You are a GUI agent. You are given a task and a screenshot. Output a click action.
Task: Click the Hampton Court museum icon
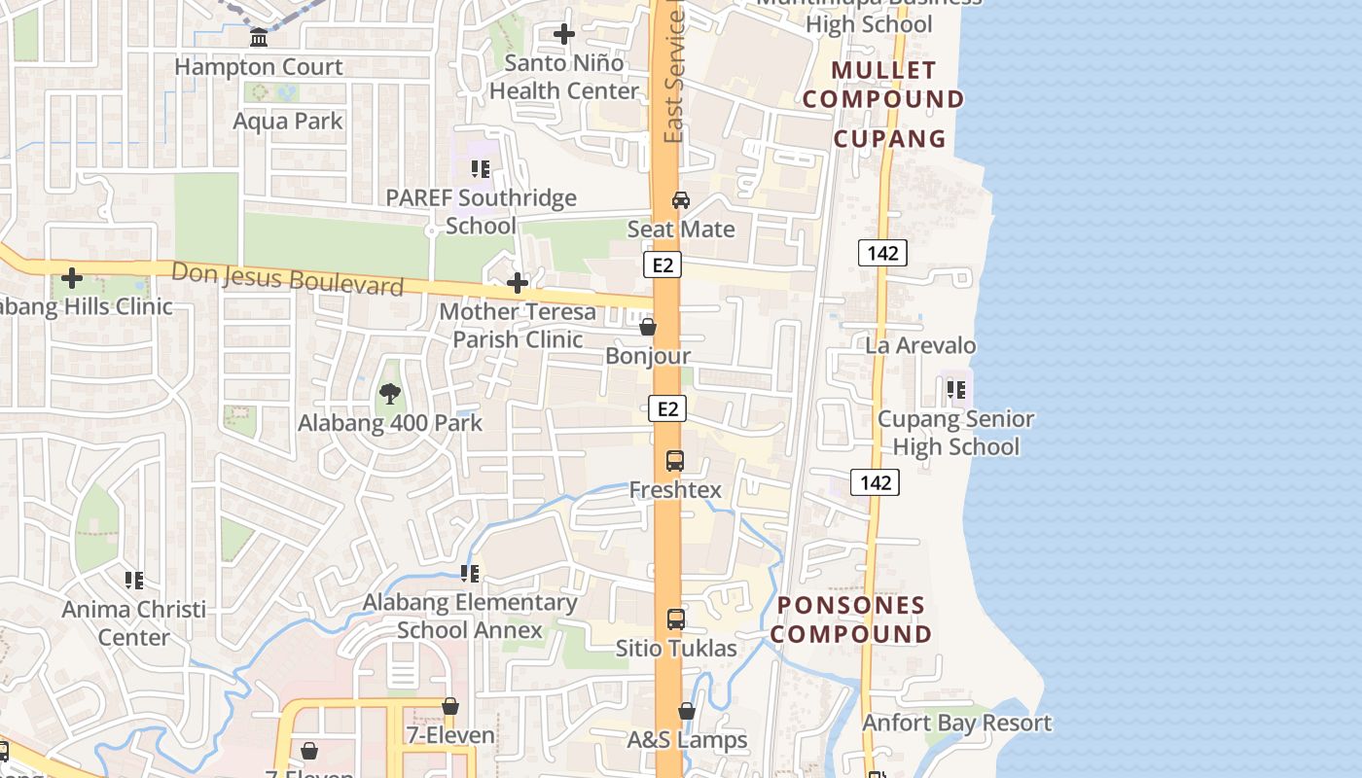[x=259, y=38]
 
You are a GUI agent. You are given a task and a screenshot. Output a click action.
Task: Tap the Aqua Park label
[x=288, y=121]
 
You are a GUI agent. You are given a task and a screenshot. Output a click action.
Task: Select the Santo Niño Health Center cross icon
[x=563, y=34]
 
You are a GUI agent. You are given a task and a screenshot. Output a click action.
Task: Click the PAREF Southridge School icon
[x=480, y=169]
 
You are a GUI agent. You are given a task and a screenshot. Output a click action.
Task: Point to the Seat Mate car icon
[x=681, y=200]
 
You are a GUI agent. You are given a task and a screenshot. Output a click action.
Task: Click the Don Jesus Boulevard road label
[x=287, y=278]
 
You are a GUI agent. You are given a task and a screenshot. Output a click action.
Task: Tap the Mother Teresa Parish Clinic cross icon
[x=518, y=283]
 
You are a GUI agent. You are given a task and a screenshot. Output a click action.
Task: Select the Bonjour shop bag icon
[x=648, y=327]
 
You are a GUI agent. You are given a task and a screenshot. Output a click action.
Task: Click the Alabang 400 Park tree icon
[x=389, y=394]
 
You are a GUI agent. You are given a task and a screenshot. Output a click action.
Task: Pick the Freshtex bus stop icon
[x=675, y=460]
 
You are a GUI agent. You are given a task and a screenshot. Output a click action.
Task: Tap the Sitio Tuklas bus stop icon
[x=675, y=619]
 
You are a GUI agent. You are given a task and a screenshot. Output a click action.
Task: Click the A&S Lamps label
[x=687, y=740]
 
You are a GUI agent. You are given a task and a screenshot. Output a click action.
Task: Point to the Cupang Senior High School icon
[x=956, y=390]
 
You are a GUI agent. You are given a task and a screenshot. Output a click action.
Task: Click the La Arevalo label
[x=920, y=345]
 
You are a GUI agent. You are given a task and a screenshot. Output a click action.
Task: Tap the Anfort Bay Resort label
[x=956, y=723]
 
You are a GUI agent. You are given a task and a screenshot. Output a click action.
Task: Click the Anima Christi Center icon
[x=134, y=581]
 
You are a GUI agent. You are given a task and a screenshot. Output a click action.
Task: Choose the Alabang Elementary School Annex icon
[x=470, y=574]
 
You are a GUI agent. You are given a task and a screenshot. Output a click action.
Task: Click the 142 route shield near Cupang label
[x=882, y=253]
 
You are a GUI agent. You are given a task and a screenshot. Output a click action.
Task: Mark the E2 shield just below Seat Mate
[x=663, y=265]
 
